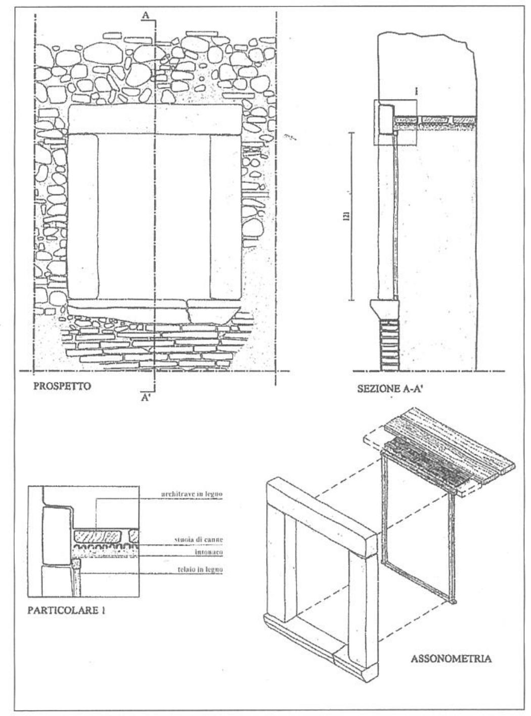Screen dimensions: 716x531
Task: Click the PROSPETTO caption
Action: tap(62, 387)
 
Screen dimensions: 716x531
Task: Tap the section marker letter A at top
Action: tap(145, 16)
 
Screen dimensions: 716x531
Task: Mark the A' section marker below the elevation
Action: tap(146, 398)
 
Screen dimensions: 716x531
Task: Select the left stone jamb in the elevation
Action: tap(83, 215)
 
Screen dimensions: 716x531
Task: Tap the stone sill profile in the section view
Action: tap(382, 308)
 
